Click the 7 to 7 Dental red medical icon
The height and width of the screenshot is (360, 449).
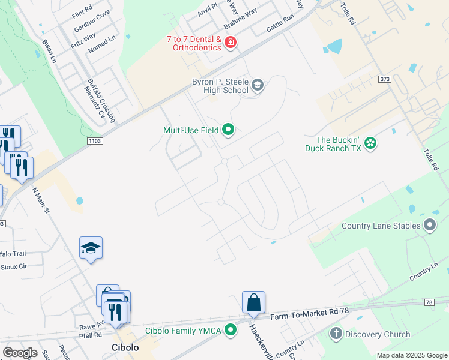231,43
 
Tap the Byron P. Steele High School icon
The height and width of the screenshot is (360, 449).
258,85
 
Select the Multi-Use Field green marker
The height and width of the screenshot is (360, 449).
228,129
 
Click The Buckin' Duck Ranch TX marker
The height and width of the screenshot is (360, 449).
371,143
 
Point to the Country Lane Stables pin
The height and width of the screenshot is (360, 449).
429,226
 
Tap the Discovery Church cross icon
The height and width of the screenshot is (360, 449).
336,334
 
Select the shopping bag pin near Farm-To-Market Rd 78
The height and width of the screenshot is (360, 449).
253,303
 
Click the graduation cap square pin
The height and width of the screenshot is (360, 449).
91,248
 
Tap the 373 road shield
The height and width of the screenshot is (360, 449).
385,79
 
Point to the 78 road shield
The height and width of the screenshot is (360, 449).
429,302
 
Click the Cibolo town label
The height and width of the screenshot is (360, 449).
125,347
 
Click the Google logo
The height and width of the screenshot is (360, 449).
19,353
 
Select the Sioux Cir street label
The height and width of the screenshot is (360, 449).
14,267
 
